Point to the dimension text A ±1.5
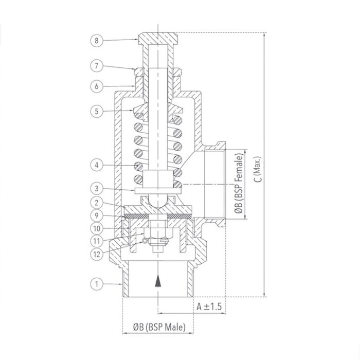[x=209, y=306]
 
